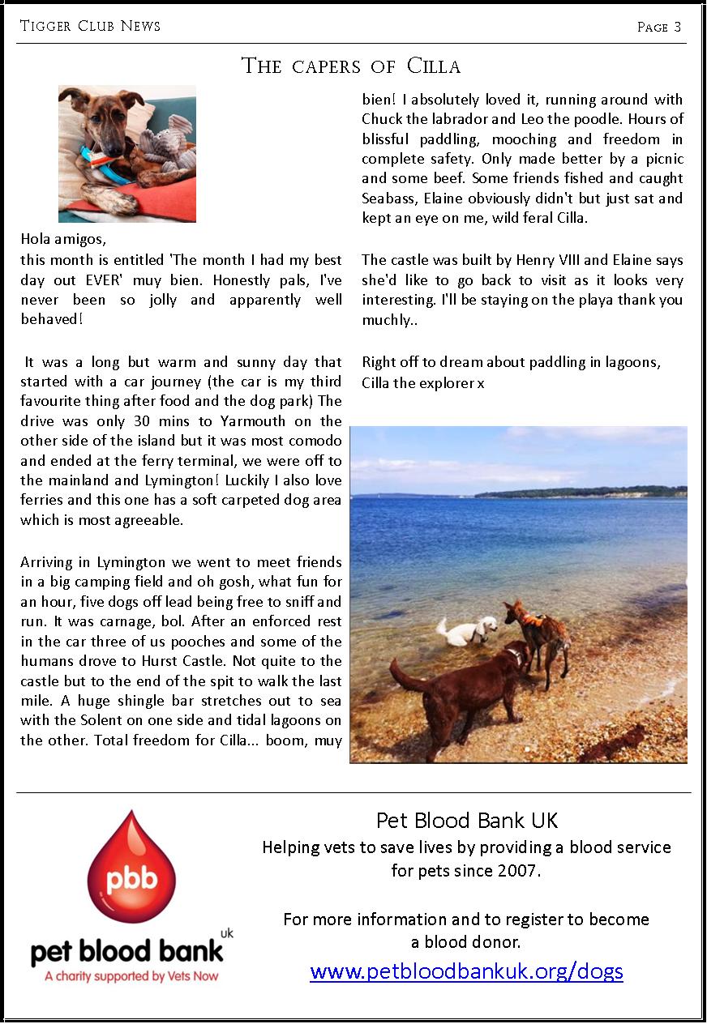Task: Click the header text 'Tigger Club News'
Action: (x=90, y=26)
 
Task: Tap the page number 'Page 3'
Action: (x=659, y=27)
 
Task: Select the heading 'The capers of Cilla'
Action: (x=351, y=66)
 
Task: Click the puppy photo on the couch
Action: (x=127, y=153)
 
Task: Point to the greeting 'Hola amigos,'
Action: (x=63, y=240)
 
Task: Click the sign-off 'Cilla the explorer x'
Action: (x=422, y=382)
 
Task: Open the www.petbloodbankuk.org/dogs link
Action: (x=466, y=971)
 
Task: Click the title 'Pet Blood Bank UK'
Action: (x=467, y=821)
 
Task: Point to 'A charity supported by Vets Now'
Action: (x=131, y=976)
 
